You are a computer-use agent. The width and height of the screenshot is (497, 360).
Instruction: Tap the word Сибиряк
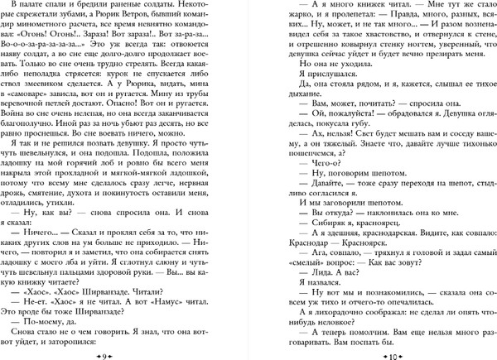pyautogui.click(x=319, y=226)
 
